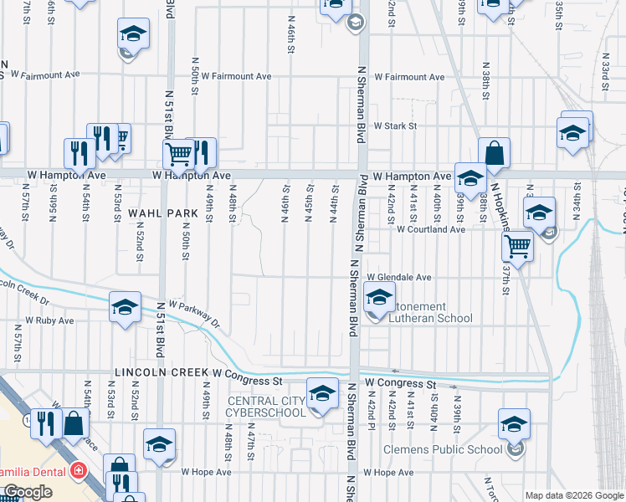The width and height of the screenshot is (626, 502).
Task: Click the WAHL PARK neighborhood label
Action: tap(163, 213)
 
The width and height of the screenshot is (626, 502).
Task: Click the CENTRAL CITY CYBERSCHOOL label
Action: tap(268, 407)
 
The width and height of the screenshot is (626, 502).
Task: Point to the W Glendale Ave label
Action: tap(398, 278)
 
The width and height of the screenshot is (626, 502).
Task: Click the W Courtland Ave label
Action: tap(430, 229)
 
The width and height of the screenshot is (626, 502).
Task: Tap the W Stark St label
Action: tap(395, 126)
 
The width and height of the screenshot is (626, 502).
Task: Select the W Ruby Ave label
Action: tap(49, 320)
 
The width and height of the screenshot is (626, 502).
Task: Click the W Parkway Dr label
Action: tap(193, 314)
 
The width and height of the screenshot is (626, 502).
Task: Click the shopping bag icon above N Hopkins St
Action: tap(495, 154)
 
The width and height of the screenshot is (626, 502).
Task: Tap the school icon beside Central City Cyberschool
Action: tap(321, 395)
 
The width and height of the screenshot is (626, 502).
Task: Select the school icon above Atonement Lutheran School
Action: tap(379, 298)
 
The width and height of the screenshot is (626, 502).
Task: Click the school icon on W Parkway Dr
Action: tap(125, 307)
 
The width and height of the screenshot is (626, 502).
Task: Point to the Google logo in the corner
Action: tap(28, 492)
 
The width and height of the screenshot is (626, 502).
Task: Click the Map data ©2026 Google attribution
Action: tap(574, 495)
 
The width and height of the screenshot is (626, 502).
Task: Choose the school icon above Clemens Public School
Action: tap(514, 423)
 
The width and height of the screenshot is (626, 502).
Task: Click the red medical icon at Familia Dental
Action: tap(79, 470)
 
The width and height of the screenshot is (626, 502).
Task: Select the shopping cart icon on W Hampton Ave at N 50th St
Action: tap(178, 154)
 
